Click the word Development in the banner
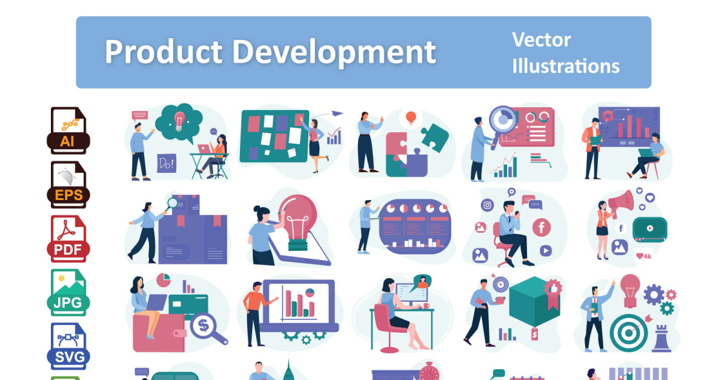[334, 53]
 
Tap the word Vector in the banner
[542, 40]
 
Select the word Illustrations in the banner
[566, 66]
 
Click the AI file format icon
[68, 130]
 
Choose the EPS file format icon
[68, 184]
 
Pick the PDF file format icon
[68, 239]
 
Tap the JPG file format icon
[68, 293]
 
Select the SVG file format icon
[68, 346]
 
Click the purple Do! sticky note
[167, 163]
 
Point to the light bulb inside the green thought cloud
[179, 121]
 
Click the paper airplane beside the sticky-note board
[337, 113]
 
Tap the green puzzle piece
[435, 138]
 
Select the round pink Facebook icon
[542, 227]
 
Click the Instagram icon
[487, 205]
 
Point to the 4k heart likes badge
[643, 256]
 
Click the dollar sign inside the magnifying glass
[204, 325]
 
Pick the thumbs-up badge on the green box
[553, 288]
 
